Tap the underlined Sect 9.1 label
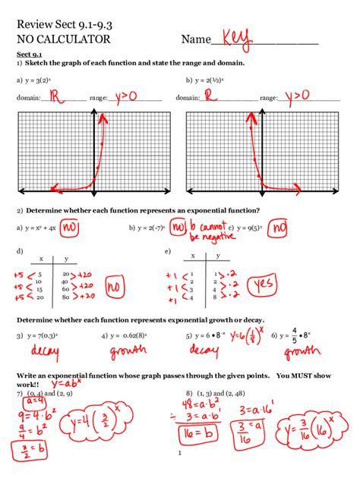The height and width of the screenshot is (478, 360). pyautogui.click(x=30, y=55)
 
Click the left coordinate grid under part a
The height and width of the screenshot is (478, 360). pyautogui.click(x=90, y=152)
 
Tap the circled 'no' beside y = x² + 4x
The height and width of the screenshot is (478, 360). pyautogui.click(x=70, y=227)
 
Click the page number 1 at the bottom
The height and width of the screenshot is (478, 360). pyautogui.click(x=179, y=455)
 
